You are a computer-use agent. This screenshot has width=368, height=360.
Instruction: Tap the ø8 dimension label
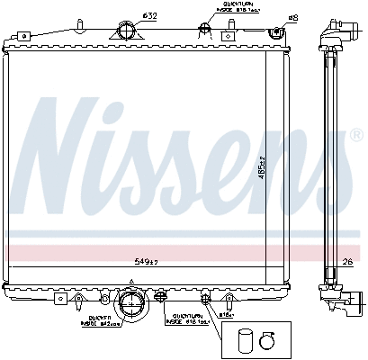click(292, 16)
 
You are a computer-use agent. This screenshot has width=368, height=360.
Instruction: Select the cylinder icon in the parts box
click(246, 340)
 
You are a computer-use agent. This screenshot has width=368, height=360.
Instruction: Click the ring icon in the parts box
click(266, 340)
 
